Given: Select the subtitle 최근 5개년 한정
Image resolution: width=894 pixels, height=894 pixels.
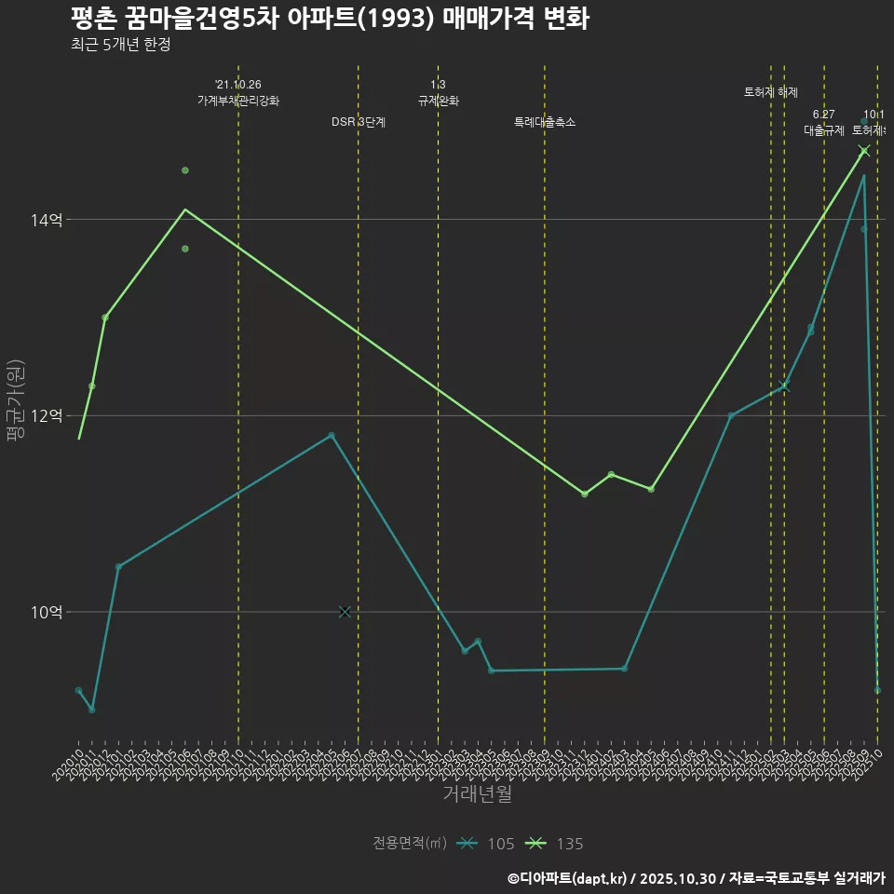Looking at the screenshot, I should coord(120,45).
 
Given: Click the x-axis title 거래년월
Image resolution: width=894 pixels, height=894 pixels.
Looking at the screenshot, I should coord(477,794).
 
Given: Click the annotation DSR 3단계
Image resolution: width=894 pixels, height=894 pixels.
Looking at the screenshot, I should coord(359,122).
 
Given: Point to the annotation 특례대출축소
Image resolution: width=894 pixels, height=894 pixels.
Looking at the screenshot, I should coord(545,122).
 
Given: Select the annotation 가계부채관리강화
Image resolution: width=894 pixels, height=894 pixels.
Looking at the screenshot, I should coord(238,101).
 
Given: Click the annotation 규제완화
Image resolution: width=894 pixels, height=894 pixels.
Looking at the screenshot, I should coord(438,101).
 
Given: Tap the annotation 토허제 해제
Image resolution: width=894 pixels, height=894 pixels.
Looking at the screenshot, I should coord(771,92).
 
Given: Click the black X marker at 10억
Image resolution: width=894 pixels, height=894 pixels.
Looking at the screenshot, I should coord(345,611).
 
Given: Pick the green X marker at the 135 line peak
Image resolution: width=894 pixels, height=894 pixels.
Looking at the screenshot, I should coord(864,151).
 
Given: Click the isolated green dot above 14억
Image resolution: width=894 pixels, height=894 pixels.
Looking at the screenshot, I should coord(185,170).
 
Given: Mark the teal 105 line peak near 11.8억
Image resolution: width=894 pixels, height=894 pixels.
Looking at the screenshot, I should coord(332,435).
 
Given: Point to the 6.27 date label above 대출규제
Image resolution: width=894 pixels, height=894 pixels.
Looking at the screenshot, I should coord(823,115).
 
